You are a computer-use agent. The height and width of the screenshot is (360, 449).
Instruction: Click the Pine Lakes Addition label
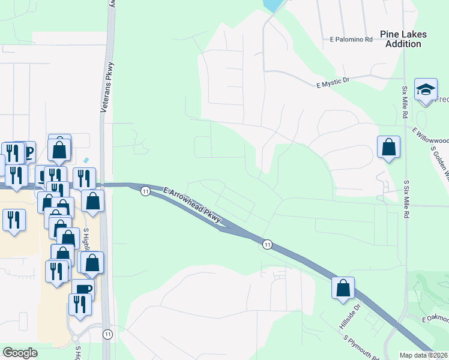pos(403,39)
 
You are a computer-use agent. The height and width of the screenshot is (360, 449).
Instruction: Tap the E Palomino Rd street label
pos(352,39)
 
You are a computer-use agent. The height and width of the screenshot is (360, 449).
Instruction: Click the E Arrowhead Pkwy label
pos(192,205)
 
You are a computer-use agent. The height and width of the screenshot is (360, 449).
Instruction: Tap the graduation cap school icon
pos(426,91)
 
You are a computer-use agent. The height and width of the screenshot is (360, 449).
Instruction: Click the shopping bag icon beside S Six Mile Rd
pos(388,146)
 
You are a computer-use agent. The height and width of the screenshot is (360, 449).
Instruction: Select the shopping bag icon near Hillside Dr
pos(343,287)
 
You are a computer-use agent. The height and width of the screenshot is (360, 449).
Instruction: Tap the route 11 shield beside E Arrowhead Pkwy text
pos(145,191)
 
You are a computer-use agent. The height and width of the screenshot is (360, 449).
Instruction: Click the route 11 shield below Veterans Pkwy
pos(107,334)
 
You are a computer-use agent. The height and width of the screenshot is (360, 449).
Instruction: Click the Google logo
pos(20,353)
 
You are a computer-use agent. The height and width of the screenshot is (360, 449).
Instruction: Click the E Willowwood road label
pos(430,133)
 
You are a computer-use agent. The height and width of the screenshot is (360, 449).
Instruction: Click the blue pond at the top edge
pos(273,5)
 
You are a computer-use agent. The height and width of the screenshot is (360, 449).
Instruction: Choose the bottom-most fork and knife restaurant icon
pos(79,304)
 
